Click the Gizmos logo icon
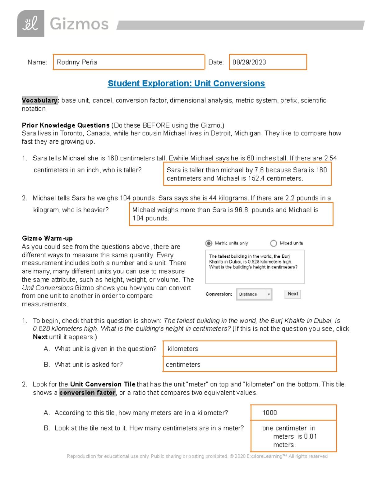point(30,24)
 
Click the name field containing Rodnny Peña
point(129,62)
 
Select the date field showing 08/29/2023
point(268,62)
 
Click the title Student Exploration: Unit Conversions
point(186,83)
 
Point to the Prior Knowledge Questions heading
point(66,125)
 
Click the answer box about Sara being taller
point(247,174)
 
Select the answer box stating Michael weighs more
point(231,214)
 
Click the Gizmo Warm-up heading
point(47,238)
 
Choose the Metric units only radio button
point(209,243)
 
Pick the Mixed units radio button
point(274,243)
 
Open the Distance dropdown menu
point(254,294)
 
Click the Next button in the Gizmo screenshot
point(292,294)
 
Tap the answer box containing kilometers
point(249,349)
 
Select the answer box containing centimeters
point(249,364)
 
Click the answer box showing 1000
point(293,413)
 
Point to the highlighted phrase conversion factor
point(87,393)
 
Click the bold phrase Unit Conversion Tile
point(103,384)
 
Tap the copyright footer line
point(197,456)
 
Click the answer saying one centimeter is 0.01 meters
point(293,436)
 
